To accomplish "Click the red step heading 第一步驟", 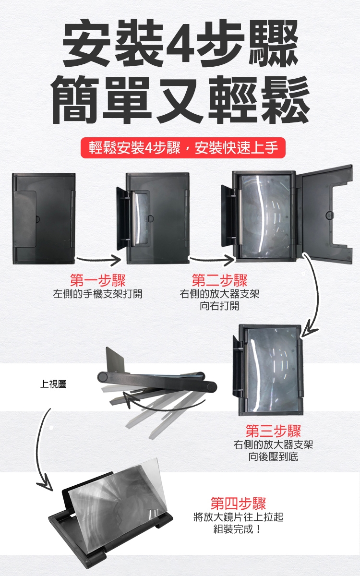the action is pyautogui.click(x=97, y=280).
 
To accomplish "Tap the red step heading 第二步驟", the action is pyautogui.click(x=219, y=280).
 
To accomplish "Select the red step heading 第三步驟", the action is pyautogui.click(x=273, y=431).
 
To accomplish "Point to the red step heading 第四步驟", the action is pyautogui.click(x=238, y=503).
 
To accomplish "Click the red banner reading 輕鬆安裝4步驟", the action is pyautogui.click(x=183, y=148).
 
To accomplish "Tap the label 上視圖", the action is pyautogui.click(x=53, y=384).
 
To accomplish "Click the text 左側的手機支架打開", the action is pyautogui.click(x=98, y=294).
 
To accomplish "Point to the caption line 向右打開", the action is pyautogui.click(x=219, y=306).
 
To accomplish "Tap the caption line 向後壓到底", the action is pyautogui.click(x=273, y=456).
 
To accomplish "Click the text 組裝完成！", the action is pyautogui.click(x=238, y=529).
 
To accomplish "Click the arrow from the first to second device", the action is pyautogui.click(x=99, y=260).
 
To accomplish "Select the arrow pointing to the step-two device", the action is pyautogui.click(x=212, y=260).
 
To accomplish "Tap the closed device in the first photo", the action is pyautogui.click(x=44, y=218).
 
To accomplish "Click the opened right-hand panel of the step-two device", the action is pyautogui.click(x=324, y=215).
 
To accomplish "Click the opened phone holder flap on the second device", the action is pyautogui.click(x=123, y=218).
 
